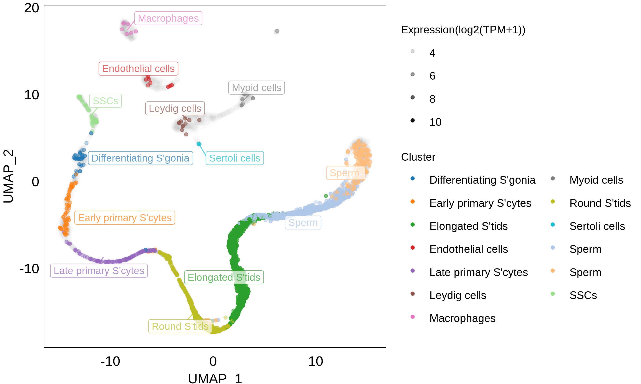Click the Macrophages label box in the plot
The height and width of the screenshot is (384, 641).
(x=168, y=18)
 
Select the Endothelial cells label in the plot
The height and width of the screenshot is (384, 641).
(x=138, y=69)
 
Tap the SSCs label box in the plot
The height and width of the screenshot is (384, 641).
(x=106, y=101)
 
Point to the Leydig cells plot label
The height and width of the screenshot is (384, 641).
(x=175, y=108)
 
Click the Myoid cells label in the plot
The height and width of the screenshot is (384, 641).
(x=256, y=88)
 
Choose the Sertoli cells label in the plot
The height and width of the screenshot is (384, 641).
(x=235, y=158)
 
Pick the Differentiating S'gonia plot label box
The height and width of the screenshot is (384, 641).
(x=140, y=158)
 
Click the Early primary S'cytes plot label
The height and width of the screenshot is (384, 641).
(x=125, y=218)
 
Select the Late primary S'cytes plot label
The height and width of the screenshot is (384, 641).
(x=99, y=271)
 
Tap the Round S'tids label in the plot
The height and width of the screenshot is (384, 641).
(x=180, y=326)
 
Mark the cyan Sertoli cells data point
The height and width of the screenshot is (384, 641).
(x=199, y=144)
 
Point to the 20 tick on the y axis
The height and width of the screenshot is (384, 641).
(x=32, y=8)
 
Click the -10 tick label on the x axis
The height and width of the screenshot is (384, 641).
(x=110, y=361)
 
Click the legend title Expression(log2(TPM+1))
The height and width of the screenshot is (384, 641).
(x=463, y=30)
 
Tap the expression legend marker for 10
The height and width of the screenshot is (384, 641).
(x=413, y=120)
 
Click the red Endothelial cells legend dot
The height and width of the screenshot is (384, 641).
(x=413, y=248)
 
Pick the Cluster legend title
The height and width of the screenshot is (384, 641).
(x=418, y=157)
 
